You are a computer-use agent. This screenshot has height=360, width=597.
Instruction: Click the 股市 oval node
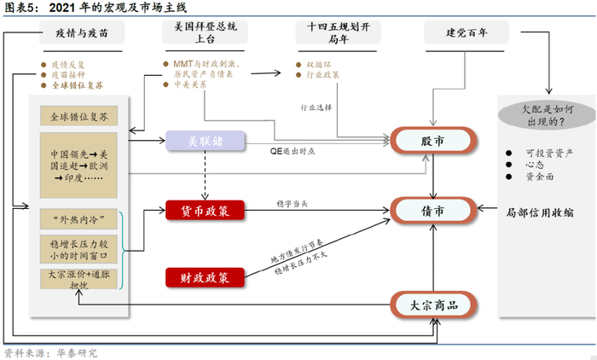[432, 141]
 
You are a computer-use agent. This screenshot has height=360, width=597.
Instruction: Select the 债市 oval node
[432, 209]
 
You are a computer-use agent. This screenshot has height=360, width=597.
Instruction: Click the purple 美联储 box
[205, 141]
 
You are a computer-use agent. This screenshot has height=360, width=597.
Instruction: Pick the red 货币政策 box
[205, 209]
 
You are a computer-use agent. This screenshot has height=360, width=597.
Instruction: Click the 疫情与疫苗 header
[82, 34]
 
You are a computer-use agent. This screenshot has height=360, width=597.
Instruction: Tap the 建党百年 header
[467, 34]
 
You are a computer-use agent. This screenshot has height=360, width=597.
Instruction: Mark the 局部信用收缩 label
[541, 210]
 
